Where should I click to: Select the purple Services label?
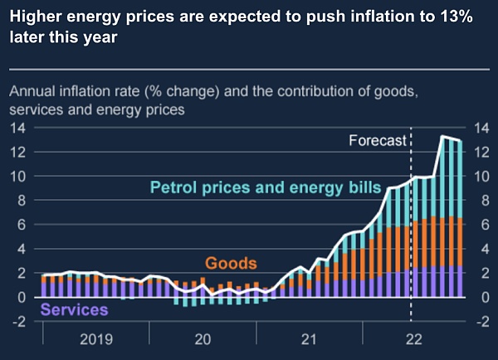click(75, 309)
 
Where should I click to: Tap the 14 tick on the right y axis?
click(481, 128)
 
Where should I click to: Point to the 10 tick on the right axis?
click(481, 177)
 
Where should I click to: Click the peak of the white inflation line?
click(444, 136)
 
